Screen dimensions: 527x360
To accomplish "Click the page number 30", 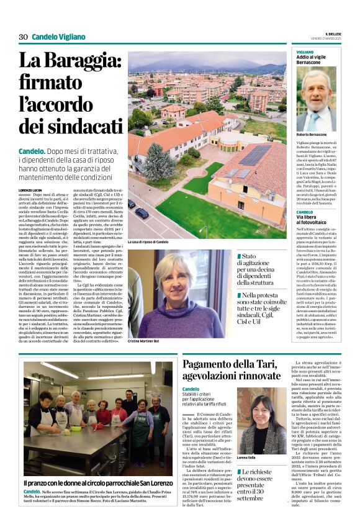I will [x=23, y=37].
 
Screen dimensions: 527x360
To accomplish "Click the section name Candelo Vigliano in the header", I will [x=58, y=37].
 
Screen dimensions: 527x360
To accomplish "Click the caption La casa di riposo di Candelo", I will [x=148, y=241].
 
